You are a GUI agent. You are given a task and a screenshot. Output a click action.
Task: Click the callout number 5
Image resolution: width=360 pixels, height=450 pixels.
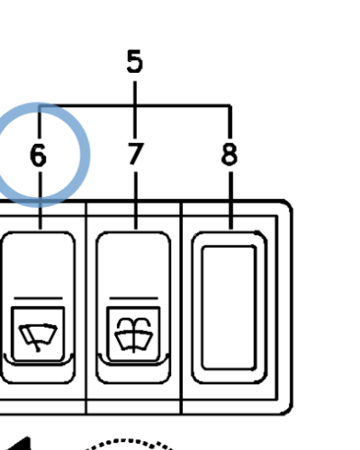point(135,61)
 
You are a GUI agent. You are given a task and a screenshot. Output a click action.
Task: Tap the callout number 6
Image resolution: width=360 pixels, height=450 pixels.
point(39,155)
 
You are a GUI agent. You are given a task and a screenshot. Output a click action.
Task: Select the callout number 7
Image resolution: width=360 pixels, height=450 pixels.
point(136,154)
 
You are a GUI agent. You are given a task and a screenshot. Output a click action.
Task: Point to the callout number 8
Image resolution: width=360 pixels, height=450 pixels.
point(229,154)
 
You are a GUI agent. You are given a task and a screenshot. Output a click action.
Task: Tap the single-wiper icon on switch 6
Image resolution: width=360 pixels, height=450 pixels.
point(38,337)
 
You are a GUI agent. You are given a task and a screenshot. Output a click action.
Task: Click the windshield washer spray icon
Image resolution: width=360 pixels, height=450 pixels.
point(134,335)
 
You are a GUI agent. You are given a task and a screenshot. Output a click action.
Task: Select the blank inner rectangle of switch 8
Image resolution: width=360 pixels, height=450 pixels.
point(229,307)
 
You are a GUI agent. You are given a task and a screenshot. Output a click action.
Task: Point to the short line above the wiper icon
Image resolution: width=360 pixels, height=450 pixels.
point(38,298)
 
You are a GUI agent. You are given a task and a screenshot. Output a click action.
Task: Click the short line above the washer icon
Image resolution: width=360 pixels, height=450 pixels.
point(133,298)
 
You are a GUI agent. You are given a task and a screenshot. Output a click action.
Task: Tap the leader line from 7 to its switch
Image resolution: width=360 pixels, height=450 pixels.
point(136,201)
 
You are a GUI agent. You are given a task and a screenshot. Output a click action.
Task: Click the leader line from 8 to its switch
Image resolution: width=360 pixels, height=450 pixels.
point(230,201)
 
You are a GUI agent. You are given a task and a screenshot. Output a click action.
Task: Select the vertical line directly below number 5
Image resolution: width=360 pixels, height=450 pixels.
point(135,110)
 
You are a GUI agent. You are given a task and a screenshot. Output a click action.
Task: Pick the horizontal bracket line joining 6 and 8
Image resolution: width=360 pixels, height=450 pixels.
point(135,105)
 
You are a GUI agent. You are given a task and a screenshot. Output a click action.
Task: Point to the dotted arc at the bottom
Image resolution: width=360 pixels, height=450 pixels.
point(129,441)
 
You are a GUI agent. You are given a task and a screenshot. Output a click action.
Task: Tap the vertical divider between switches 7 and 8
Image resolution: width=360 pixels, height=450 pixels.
point(181,308)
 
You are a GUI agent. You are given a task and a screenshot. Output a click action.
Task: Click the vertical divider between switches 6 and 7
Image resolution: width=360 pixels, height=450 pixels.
point(86,308)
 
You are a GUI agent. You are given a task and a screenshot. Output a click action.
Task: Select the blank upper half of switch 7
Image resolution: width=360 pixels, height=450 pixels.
point(133,264)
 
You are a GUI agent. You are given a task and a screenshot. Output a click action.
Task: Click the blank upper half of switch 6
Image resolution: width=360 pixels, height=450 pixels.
point(38,264)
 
